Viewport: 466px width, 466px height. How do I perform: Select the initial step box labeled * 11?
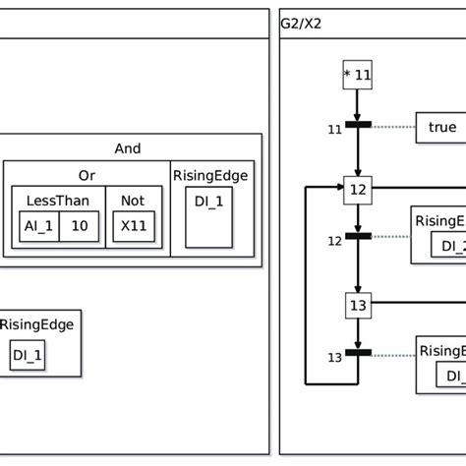[357, 75]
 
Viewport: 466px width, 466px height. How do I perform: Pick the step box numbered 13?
[357, 306]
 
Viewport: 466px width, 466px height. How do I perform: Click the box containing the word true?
[442, 126]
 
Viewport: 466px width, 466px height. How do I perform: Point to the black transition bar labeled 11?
[357, 126]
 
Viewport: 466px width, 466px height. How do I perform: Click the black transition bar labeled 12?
[357, 237]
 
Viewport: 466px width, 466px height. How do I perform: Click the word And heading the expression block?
[128, 148]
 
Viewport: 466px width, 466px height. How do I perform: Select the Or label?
[87, 176]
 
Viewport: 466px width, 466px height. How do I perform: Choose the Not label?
[132, 201]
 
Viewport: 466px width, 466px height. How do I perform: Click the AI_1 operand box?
[38, 225]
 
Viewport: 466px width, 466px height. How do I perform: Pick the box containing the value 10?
[78, 225]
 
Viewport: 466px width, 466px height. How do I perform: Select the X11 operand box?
[132, 225]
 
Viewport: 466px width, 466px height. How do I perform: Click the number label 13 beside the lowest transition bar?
[333, 357]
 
